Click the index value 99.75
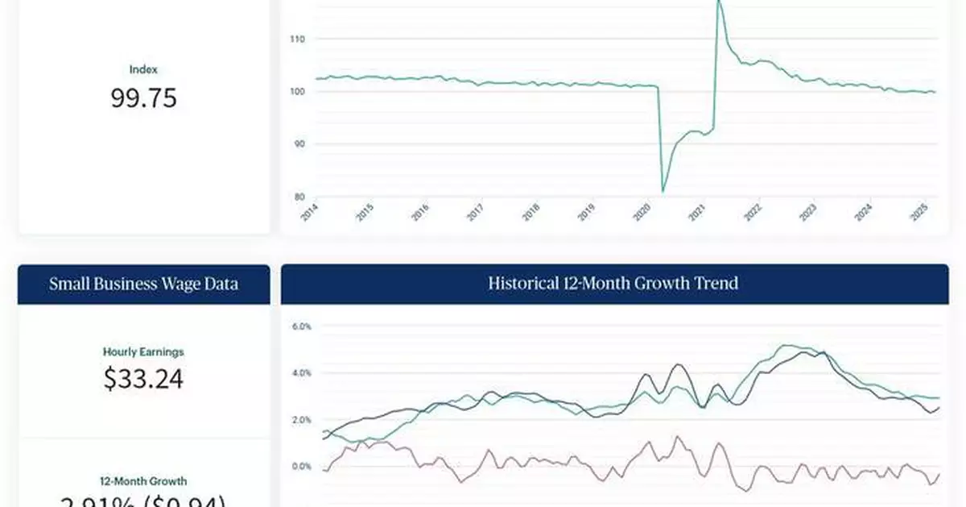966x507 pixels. click(143, 98)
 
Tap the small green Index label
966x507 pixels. click(143, 70)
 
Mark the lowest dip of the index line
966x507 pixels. click(663, 191)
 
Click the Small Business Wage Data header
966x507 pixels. click(143, 284)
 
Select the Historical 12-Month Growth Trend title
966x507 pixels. click(613, 284)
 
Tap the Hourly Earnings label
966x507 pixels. click(143, 351)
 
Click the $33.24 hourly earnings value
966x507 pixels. click(143, 378)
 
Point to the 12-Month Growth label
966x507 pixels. click(143, 481)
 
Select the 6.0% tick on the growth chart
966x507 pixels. click(301, 326)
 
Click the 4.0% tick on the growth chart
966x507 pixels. click(301, 373)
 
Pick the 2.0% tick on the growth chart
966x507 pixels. click(301, 420)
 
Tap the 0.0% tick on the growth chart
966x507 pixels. click(301, 467)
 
